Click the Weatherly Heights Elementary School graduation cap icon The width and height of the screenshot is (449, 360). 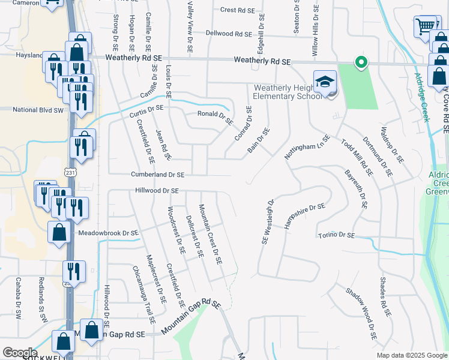tap(324, 82)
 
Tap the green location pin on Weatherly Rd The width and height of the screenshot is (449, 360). tap(361, 62)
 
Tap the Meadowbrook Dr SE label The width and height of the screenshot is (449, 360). tap(106, 233)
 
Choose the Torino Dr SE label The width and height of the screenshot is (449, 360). tap(336, 236)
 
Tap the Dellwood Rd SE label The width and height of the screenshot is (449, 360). tap(228, 34)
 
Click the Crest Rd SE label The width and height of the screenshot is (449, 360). tap(238, 10)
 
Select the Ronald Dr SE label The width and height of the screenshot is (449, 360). tap(215, 116)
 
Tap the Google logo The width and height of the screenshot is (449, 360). tap(20, 353)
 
